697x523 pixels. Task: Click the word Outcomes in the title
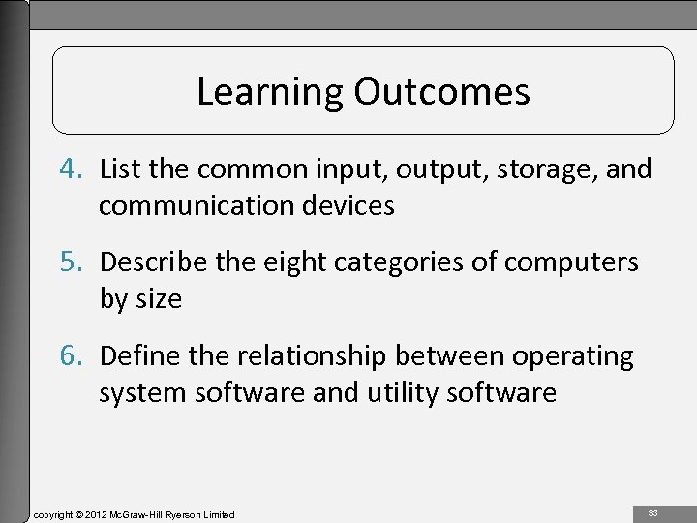coord(441,92)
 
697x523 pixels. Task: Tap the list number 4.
coord(79,170)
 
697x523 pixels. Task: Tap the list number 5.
coord(79,262)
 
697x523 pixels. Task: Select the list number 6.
coord(79,355)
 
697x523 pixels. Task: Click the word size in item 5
coord(159,298)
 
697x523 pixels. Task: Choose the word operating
coord(574,355)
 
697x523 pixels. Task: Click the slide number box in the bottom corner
coord(652,510)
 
